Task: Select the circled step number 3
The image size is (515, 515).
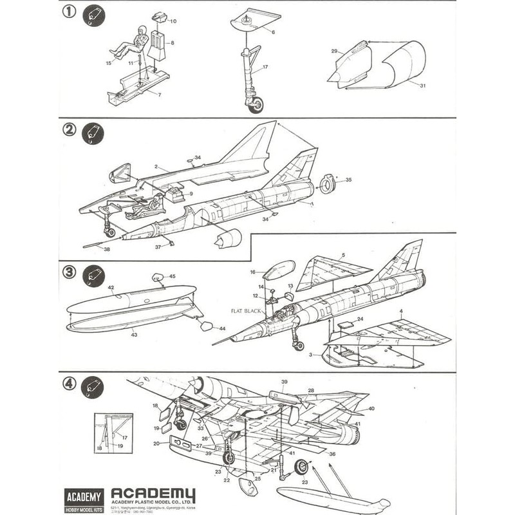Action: click(70, 270)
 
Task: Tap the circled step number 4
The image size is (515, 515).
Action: click(70, 384)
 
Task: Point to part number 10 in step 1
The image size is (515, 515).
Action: click(173, 21)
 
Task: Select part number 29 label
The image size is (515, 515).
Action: click(334, 51)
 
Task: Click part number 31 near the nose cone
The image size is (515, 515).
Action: click(422, 86)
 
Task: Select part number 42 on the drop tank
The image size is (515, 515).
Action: click(111, 287)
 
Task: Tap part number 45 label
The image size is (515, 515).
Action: click(171, 277)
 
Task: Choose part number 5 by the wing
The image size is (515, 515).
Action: click(343, 255)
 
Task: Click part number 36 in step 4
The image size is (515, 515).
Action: click(332, 454)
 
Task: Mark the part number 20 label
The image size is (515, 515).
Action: click(156, 443)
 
